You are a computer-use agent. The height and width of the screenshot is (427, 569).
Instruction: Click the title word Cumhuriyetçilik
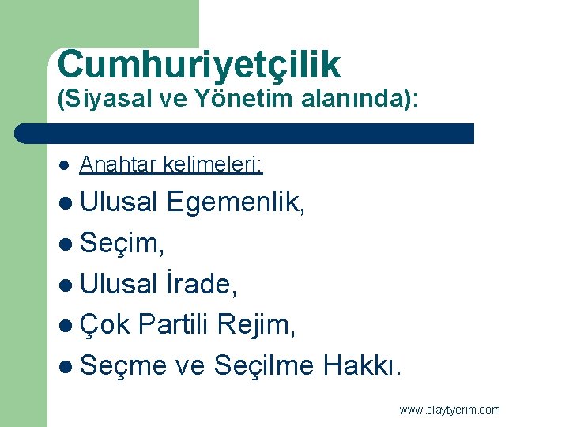pyautogui.click(x=199, y=66)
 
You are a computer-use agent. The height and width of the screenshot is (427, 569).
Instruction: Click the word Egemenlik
pyautogui.click(x=236, y=203)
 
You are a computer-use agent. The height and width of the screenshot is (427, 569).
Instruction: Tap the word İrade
pyautogui.click(x=201, y=284)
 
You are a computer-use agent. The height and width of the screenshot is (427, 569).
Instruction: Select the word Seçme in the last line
pyautogui.click(x=124, y=365)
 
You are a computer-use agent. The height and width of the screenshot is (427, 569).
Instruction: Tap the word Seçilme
pyautogui.click(x=264, y=365)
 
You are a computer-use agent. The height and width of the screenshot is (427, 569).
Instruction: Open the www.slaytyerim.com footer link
pyautogui.click(x=450, y=410)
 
